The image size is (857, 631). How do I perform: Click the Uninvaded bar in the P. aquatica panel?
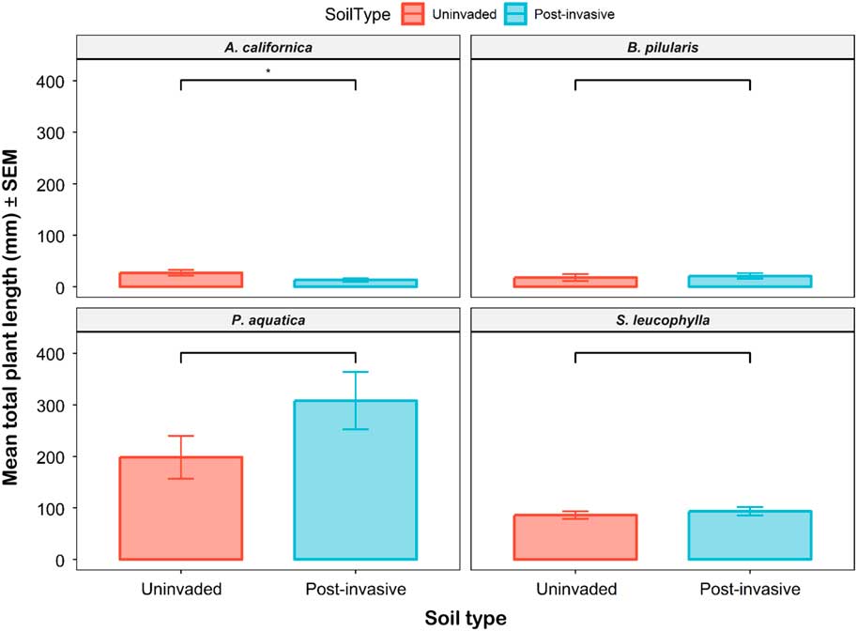coord(180,508)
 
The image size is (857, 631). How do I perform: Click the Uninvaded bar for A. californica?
coord(180,280)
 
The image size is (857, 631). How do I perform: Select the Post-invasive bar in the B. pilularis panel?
coord(750,281)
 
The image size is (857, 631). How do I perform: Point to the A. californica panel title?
coord(268,47)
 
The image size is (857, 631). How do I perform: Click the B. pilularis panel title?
coord(663,47)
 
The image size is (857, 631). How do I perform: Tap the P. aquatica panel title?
coord(268,320)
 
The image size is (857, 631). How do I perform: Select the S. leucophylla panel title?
coord(663,320)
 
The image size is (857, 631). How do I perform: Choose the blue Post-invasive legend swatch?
coord(513,14)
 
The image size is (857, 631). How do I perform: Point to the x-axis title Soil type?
coord(465,618)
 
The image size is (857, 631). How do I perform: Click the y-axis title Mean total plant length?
coord(13,310)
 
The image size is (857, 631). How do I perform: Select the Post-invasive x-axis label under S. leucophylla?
coord(750,590)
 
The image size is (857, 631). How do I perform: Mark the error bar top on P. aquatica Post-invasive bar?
coord(355,372)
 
